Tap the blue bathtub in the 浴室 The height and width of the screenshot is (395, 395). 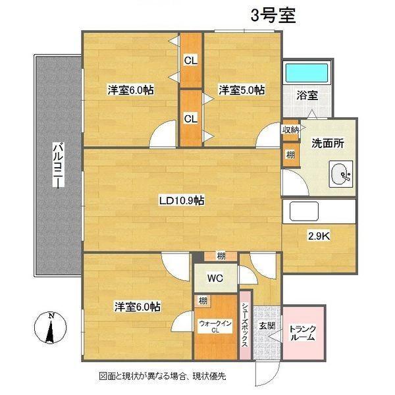307,70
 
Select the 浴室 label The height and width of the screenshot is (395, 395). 307,95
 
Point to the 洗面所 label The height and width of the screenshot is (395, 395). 327,143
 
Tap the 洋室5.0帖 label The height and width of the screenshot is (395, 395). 242,90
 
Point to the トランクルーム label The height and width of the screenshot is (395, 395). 303,333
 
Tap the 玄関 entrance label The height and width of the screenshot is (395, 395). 266,326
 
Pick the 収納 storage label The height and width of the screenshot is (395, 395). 290,129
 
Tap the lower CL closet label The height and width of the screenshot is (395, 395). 190,119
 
